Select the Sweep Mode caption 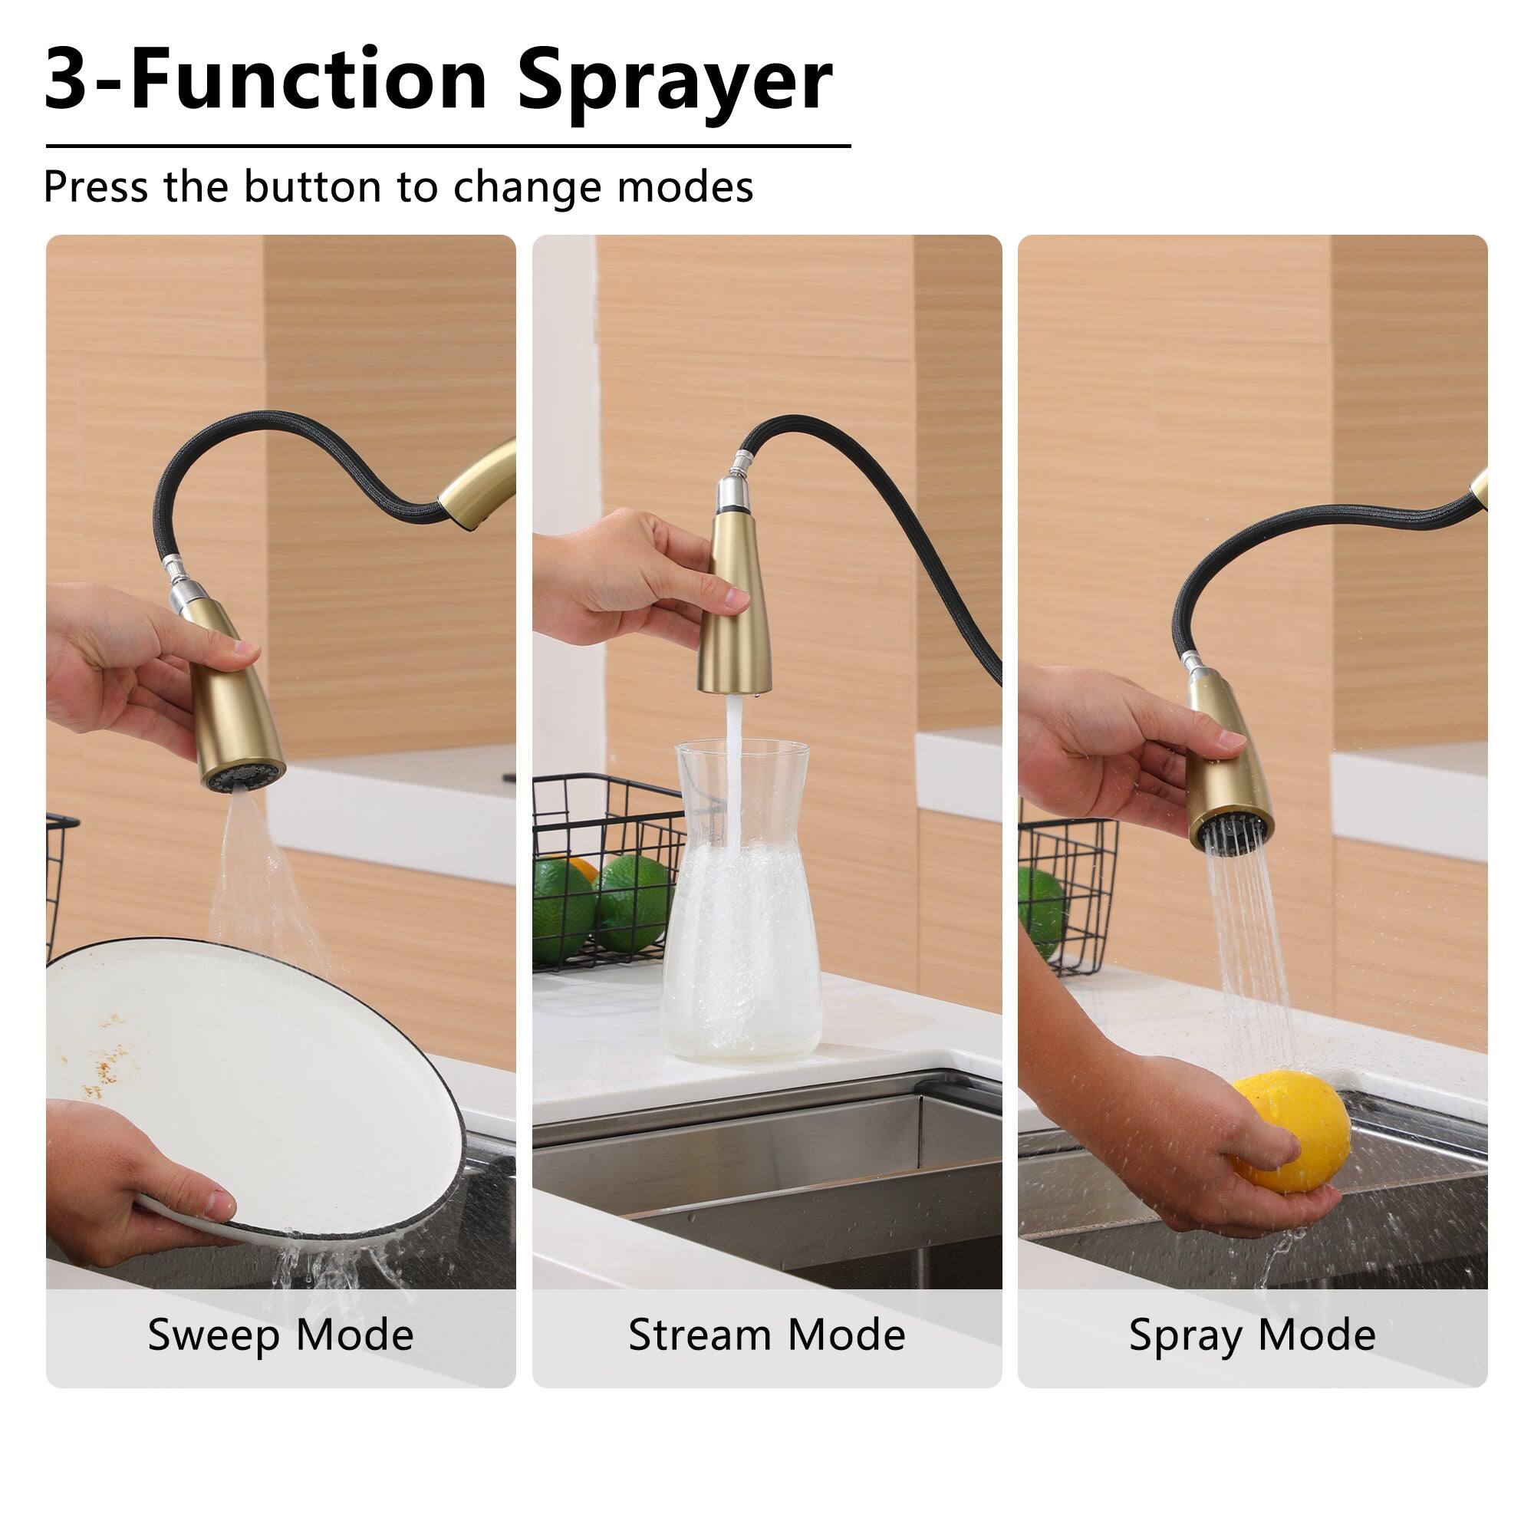[x=280, y=1334]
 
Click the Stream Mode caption [x=766, y=1334]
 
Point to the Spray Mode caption [x=1253, y=1334]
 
